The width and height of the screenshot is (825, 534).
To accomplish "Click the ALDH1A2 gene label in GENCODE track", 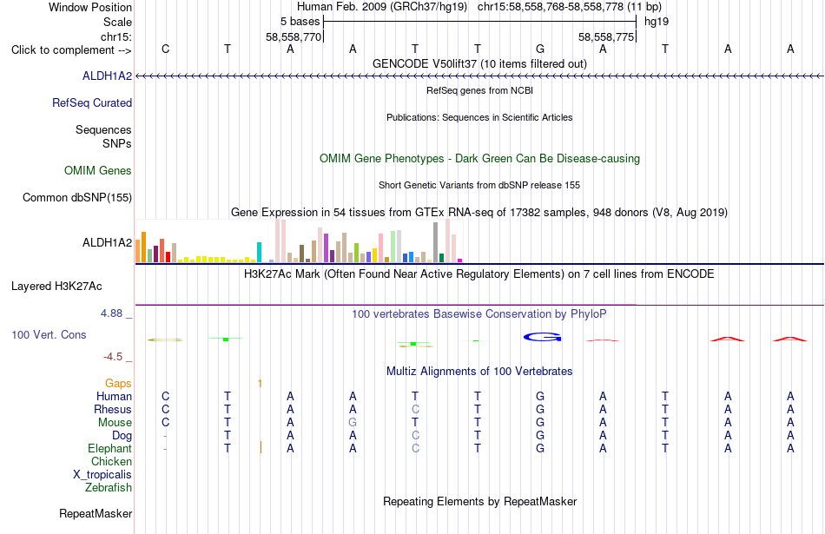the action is (x=108, y=76).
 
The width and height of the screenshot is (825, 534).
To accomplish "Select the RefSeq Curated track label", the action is (x=92, y=102).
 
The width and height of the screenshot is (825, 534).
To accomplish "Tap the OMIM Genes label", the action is (x=98, y=170).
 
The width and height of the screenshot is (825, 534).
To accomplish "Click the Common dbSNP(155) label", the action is (x=77, y=197).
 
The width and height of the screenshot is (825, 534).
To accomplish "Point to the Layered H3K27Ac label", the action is (x=56, y=287).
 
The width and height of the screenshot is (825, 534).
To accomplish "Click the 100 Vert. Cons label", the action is (x=49, y=334).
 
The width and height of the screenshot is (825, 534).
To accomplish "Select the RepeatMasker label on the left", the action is (x=96, y=513).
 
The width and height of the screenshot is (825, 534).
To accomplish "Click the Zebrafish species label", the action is (x=109, y=487).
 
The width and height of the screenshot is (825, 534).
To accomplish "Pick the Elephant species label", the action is (x=110, y=448).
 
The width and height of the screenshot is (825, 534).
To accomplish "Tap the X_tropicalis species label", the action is (x=102, y=474).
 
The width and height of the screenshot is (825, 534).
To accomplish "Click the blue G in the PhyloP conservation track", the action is (x=543, y=337).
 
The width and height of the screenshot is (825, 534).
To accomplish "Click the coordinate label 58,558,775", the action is (x=606, y=36).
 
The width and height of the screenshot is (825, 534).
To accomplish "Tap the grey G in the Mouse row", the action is (x=353, y=423).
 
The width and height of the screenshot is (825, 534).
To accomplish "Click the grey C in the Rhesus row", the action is (x=415, y=409).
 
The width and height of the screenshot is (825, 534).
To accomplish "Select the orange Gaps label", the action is (x=118, y=384).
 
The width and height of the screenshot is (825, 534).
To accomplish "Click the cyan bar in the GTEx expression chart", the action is (x=259, y=252).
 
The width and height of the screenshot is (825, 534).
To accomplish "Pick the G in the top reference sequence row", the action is (x=540, y=49).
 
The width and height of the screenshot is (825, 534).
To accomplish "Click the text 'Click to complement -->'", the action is (x=71, y=50).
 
